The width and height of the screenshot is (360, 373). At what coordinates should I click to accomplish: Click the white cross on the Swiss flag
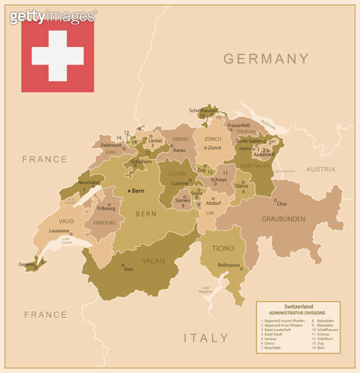pyautogui.click(x=58, y=55)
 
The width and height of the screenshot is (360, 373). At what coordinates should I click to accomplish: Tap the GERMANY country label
pyautogui.click(x=266, y=59)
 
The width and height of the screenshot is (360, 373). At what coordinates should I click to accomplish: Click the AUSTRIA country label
pyautogui.click(x=320, y=169)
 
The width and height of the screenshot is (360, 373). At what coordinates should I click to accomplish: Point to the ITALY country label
pyautogui.click(x=206, y=338)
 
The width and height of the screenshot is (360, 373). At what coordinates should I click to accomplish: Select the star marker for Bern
pyautogui.click(x=129, y=191)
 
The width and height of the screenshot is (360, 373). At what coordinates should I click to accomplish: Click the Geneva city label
pyautogui.click(x=26, y=264)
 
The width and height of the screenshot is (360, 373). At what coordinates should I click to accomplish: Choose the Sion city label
pyautogui.click(x=129, y=269)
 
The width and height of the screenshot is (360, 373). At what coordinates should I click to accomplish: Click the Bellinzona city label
pyautogui.click(x=229, y=265)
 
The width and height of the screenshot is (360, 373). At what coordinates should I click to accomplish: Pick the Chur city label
pyautogui.click(x=282, y=204)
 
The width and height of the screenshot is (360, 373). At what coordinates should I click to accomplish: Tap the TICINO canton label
pyautogui.click(x=222, y=249)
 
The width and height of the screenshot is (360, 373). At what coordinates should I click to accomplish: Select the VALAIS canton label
pyautogui.click(x=154, y=261)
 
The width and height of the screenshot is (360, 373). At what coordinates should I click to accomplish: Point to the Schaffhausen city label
pyautogui.click(x=203, y=110)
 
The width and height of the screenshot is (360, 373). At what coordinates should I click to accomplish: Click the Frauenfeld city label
pyautogui.click(x=239, y=125)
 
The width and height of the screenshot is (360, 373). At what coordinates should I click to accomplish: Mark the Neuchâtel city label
pyautogui.click(x=90, y=182)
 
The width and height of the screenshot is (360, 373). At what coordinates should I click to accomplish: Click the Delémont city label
pyautogui.click(x=111, y=145)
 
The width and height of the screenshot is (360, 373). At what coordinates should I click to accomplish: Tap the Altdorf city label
pyautogui.click(x=213, y=203)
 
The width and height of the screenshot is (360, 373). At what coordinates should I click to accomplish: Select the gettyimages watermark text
pyautogui.click(x=53, y=16)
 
